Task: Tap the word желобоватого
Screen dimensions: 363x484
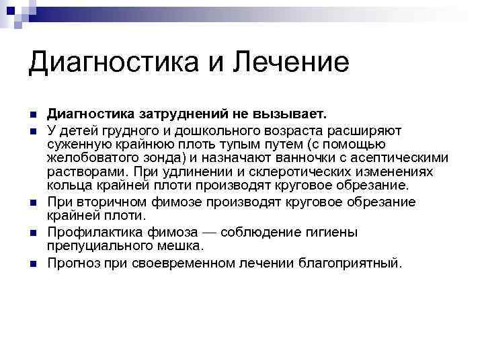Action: pyautogui.click(x=98, y=158)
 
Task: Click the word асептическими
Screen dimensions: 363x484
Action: pyautogui.click(x=407, y=158)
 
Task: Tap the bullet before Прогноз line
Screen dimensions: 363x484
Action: pyautogui.click(x=32, y=263)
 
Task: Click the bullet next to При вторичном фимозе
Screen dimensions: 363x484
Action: pyautogui.click(x=32, y=202)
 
